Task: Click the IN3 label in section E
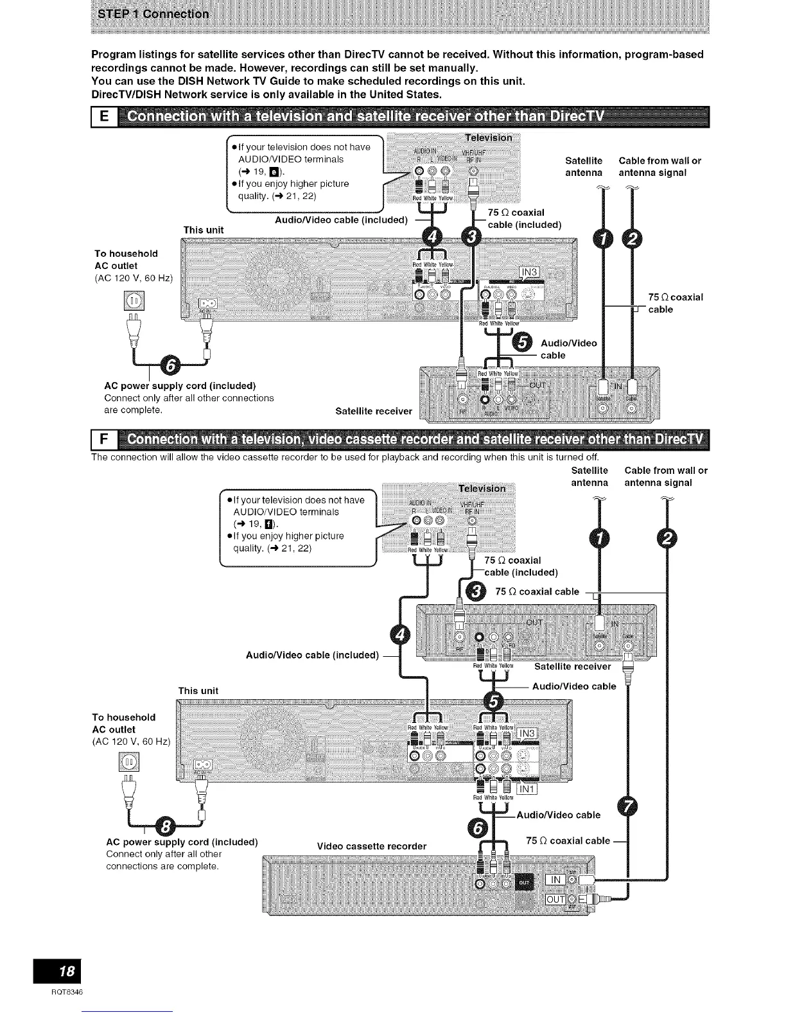point(530,273)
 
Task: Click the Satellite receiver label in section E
point(374,411)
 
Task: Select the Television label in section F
point(482,488)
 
